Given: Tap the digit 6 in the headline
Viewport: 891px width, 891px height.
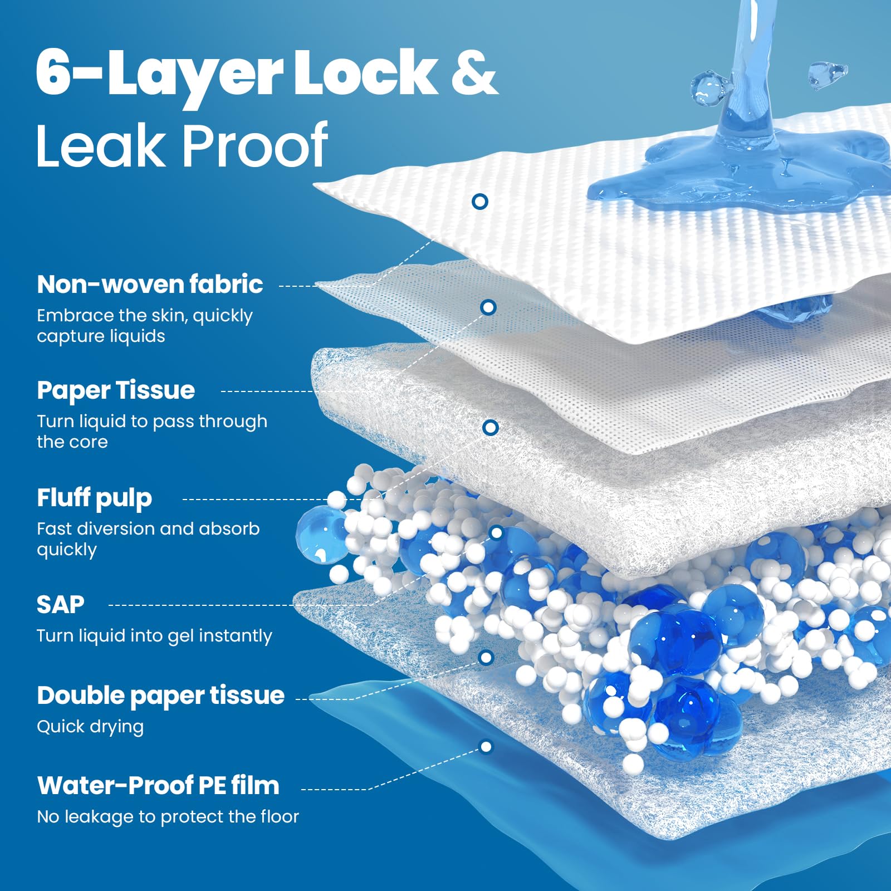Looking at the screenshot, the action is pos(53,72).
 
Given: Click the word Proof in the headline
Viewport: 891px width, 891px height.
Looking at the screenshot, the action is pos(254,145).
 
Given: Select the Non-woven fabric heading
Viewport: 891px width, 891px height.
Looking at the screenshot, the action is pos(150,284).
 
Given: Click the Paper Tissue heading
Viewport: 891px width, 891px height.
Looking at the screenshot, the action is pos(116,390).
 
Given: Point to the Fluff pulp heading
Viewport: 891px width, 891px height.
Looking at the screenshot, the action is pos(94,498).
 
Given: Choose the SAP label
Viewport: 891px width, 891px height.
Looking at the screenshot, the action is pos(60,605).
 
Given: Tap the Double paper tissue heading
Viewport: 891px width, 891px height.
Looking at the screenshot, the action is pos(160,696).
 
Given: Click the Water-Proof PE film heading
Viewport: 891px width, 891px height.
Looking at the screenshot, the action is pos(158,786).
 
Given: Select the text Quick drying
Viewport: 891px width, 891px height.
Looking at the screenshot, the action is pos(90,727).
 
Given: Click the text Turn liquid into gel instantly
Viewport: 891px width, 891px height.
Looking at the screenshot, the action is pos(154,636).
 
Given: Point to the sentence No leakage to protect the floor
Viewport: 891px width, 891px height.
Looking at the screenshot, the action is pos(168,816).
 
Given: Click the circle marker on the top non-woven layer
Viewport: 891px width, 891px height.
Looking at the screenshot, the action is pos(479,201).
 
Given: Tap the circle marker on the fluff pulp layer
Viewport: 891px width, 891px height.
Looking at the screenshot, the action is pos(490,427).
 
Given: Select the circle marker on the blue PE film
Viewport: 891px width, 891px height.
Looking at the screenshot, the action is pos(486,746).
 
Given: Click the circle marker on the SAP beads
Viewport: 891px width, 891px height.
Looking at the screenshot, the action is pos(496,533).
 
